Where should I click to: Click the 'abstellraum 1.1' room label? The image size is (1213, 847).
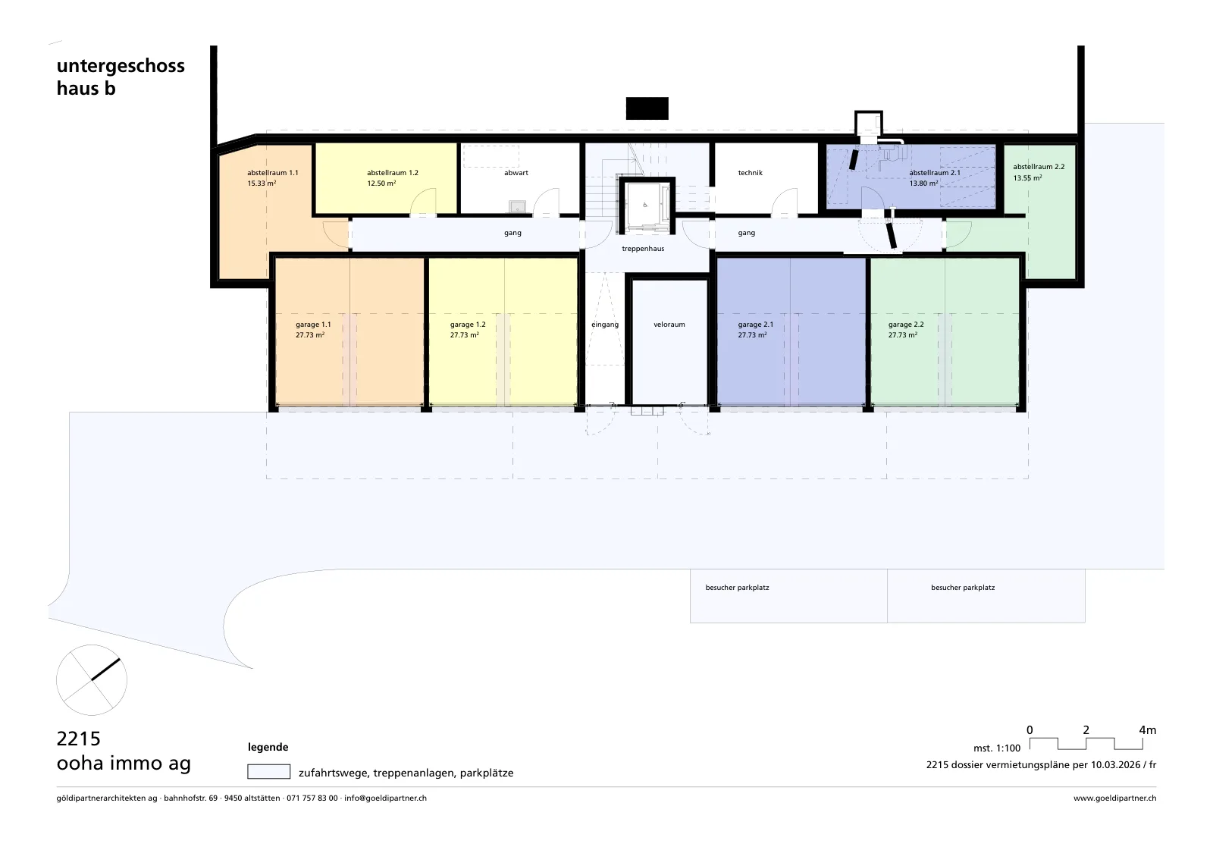click(272, 173)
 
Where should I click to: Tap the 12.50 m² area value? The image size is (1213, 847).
click(381, 183)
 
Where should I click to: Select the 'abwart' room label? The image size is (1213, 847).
click(516, 173)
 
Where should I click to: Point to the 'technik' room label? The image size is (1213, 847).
click(750, 173)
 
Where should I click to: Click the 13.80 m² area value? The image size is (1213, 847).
click(923, 183)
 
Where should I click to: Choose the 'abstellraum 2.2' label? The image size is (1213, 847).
click(1039, 167)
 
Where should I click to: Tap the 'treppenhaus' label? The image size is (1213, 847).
click(643, 249)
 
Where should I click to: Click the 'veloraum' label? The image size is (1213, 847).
click(669, 325)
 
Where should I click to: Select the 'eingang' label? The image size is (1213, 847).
click(605, 325)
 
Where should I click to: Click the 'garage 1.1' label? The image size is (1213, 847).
click(313, 325)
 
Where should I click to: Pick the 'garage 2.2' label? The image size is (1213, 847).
click(906, 325)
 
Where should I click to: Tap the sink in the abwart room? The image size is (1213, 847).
click(517, 206)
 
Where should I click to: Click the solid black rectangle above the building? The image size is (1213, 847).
click(647, 108)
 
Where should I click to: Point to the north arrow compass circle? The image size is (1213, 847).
click(92, 679)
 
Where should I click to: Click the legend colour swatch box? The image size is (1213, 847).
click(268, 771)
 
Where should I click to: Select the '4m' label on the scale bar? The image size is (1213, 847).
click(1148, 730)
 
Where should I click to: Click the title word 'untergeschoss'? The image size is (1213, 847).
click(121, 66)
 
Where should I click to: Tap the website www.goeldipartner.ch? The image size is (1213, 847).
click(1115, 798)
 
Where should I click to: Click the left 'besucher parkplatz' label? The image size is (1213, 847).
click(737, 588)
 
